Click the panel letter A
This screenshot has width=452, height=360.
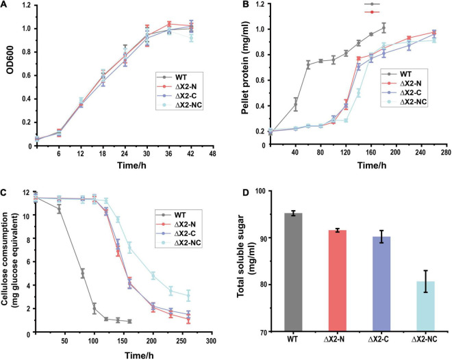5,5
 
